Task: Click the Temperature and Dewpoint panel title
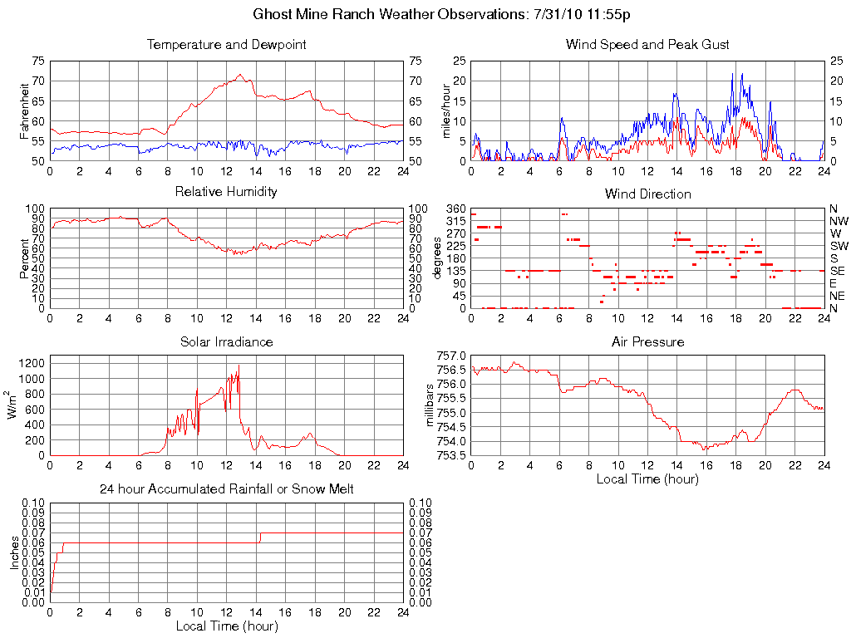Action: [x=226, y=45]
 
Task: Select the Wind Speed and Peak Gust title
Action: [x=647, y=45]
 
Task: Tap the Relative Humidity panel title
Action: [x=226, y=193]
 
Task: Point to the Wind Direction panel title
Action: [x=647, y=194]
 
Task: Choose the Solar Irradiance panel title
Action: [x=226, y=341]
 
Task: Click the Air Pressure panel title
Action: [x=647, y=341]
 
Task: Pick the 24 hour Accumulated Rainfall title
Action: [x=226, y=489]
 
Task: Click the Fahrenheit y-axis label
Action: [x=24, y=110]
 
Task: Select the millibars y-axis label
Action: [x=431, y=405]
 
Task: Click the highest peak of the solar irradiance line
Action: [x=239, y=366]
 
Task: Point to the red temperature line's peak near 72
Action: [x=239, y=75]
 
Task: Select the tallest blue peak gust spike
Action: [x=732, y=73]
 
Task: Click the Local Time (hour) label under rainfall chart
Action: [x=226, y=626]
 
